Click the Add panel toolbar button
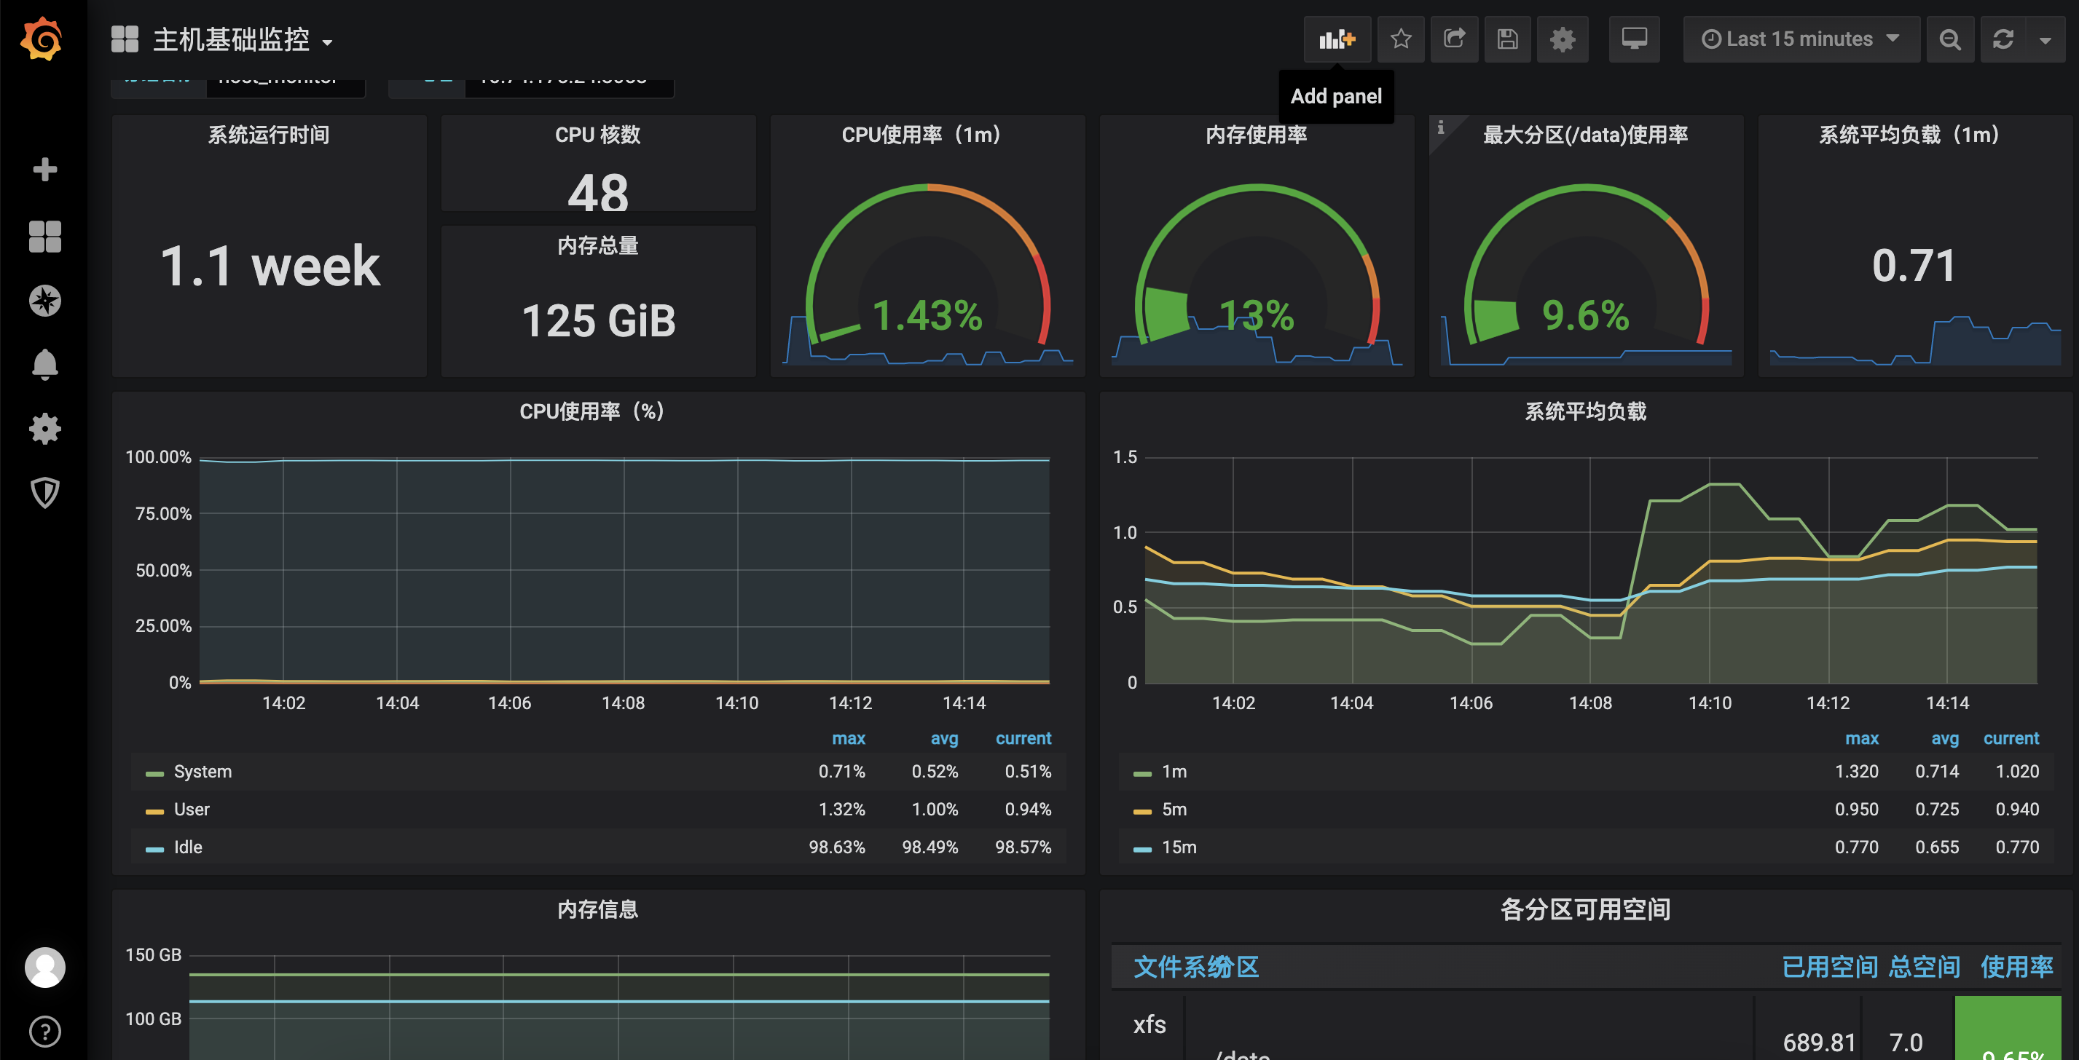(1337, 39)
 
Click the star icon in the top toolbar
(1400, 39)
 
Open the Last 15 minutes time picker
(1800, 39)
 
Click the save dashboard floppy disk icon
(1506, 39)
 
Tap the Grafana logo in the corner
(42, 39)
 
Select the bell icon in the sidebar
(44, 365)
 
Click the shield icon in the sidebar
(44, 492)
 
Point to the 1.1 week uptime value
(270, 266)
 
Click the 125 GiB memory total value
(598, 321)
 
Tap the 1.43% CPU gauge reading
(927, 315)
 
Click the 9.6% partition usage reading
(1585, 315)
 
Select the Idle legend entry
(187, 847)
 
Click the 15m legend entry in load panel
(1179, 847)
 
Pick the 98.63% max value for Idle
(836, 847)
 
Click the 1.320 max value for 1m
(1855, 771)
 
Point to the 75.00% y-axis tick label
(163, 514)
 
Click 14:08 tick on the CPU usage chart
(622, 703)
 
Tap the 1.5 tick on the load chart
(1124, 457)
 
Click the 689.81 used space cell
(1818, 1043)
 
